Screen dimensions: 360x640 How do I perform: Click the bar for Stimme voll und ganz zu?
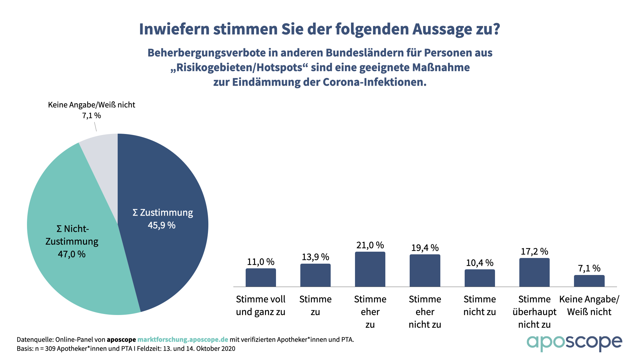point(261,278)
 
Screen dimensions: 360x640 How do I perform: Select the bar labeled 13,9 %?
point(315,275)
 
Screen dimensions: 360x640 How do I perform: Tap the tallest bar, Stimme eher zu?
point(370,269)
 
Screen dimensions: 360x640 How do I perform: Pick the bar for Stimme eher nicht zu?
point(425,271)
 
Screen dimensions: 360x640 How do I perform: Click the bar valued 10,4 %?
point(480,278)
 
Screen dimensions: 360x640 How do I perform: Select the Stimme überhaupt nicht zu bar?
point(534,272)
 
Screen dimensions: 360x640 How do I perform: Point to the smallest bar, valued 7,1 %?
point(589,281)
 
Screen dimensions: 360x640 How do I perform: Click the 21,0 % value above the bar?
point(370,245)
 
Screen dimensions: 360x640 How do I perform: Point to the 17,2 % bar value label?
point(534,251)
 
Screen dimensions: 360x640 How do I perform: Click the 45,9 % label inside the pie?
point(162,225)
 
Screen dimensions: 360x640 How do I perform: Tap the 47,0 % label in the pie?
point(72,254)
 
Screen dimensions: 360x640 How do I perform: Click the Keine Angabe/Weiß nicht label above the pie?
point(92,105)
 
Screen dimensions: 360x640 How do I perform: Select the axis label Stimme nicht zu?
point(480,305)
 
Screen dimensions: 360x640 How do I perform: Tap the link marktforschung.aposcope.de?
point(183,340)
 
